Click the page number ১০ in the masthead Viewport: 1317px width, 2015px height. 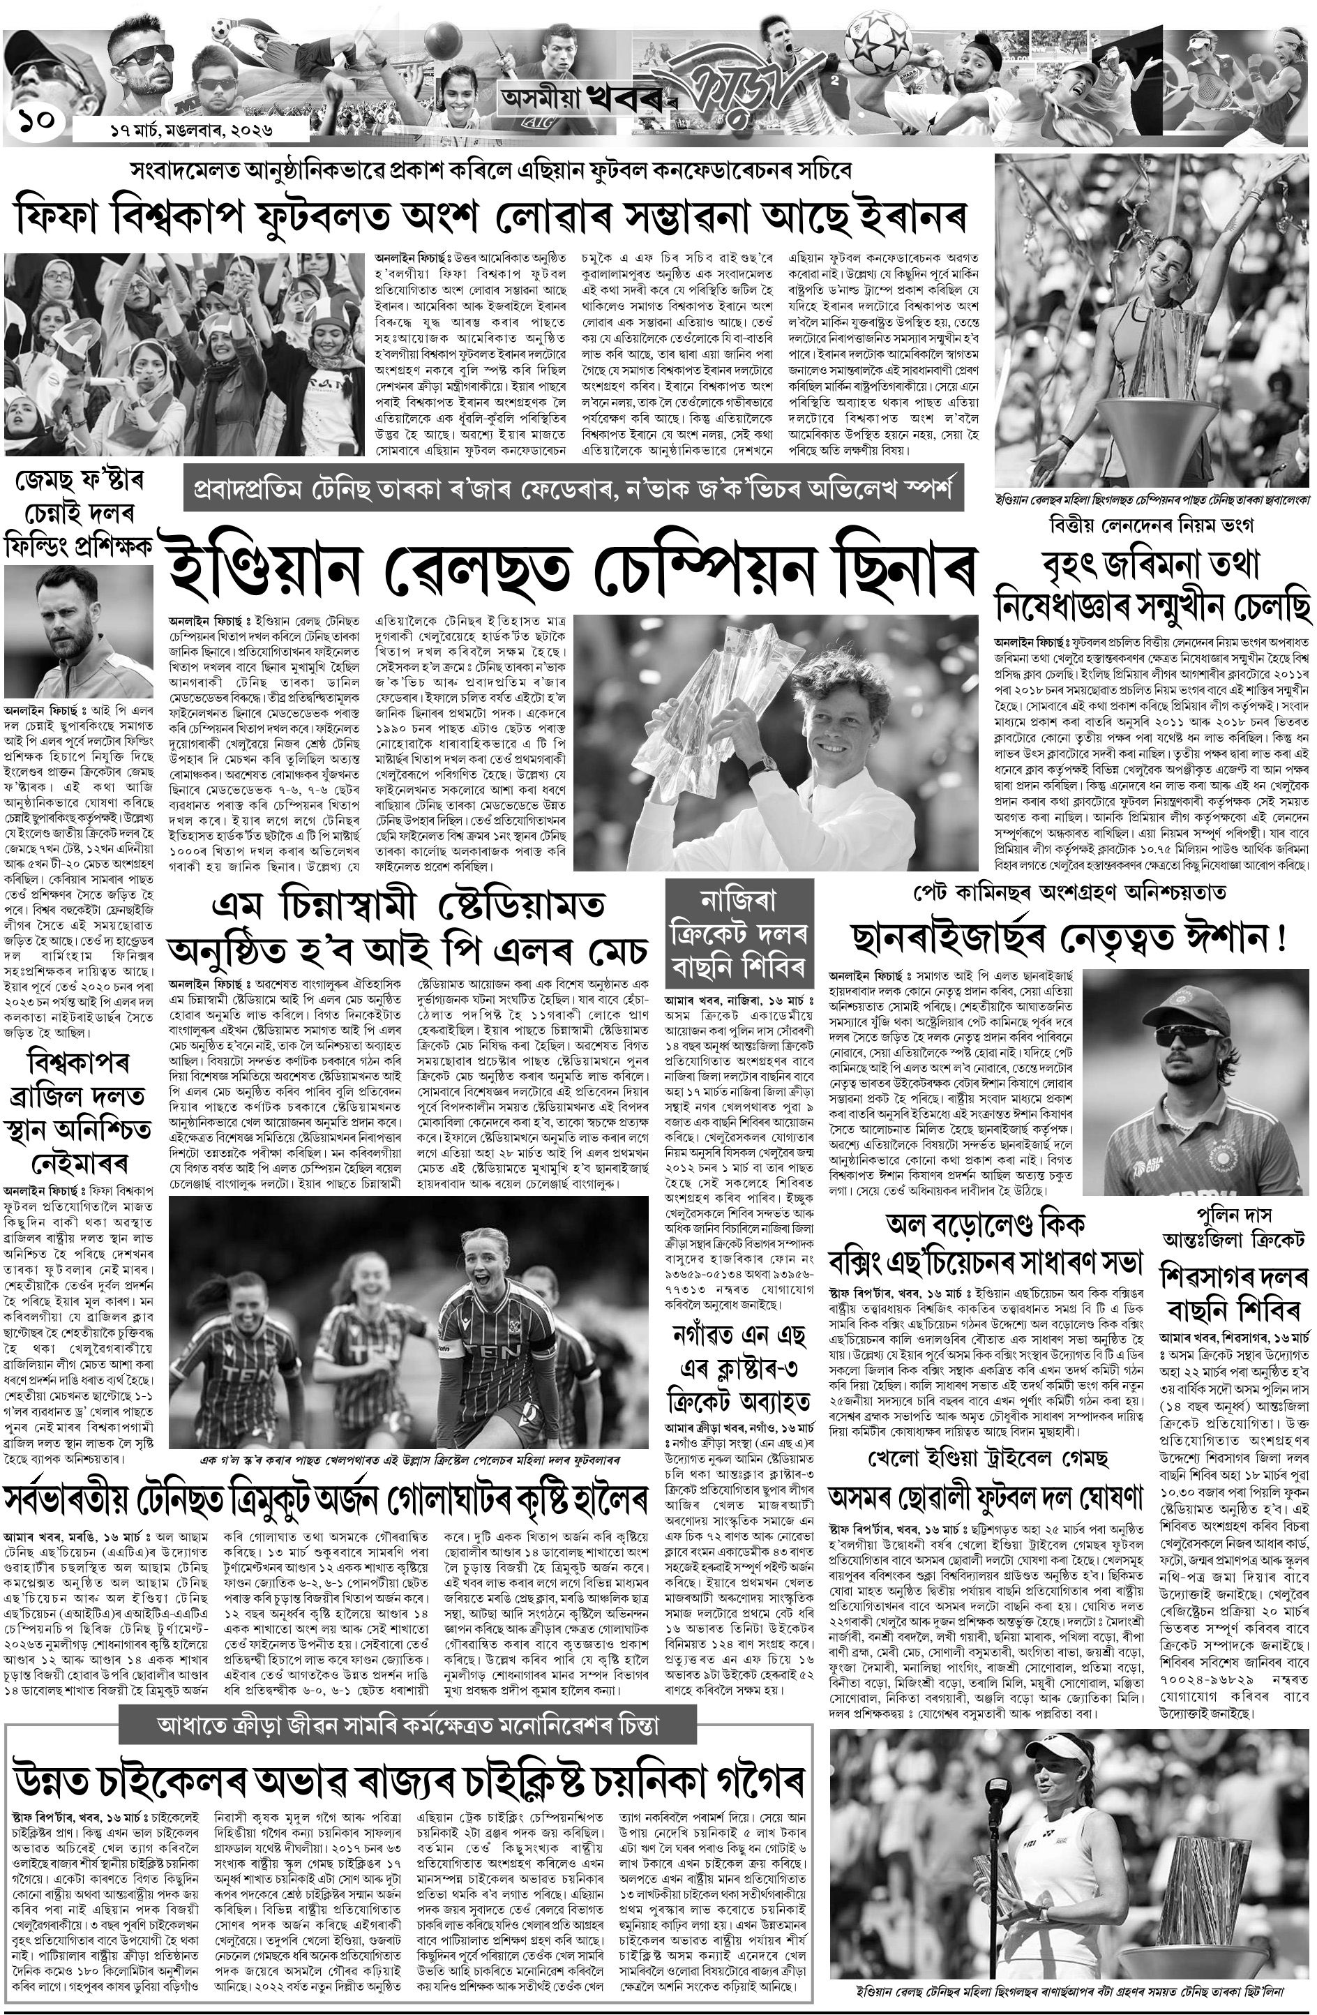39,119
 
